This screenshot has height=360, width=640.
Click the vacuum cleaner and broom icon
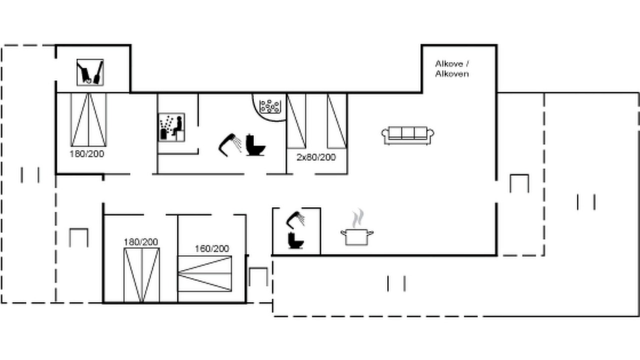point(90,72)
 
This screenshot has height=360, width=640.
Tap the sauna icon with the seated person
point(171,127)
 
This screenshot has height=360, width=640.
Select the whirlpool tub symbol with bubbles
point(269,106)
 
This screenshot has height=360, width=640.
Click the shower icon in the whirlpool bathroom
point(230,145)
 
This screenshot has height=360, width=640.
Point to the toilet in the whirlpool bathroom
point(255,145)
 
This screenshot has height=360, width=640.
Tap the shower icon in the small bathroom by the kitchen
point(295,219)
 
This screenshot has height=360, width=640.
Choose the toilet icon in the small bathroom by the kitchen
point(295,240)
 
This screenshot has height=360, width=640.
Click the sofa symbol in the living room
point(407,135)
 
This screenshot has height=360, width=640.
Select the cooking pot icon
point(357,237)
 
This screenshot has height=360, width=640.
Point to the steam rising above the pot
point(358,218)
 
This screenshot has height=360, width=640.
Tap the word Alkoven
point(452,73)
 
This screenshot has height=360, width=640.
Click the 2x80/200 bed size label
point(316,157)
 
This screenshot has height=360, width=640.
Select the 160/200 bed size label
point(211,248)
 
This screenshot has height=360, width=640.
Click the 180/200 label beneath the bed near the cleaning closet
point(87,153)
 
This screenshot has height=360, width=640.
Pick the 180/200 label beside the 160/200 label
point(140,242)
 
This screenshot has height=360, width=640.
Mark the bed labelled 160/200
point(204,273)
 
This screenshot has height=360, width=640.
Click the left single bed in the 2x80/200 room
point(296,121)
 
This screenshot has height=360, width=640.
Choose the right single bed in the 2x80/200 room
point(337,121)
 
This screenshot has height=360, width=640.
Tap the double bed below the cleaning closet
point(88,119)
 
